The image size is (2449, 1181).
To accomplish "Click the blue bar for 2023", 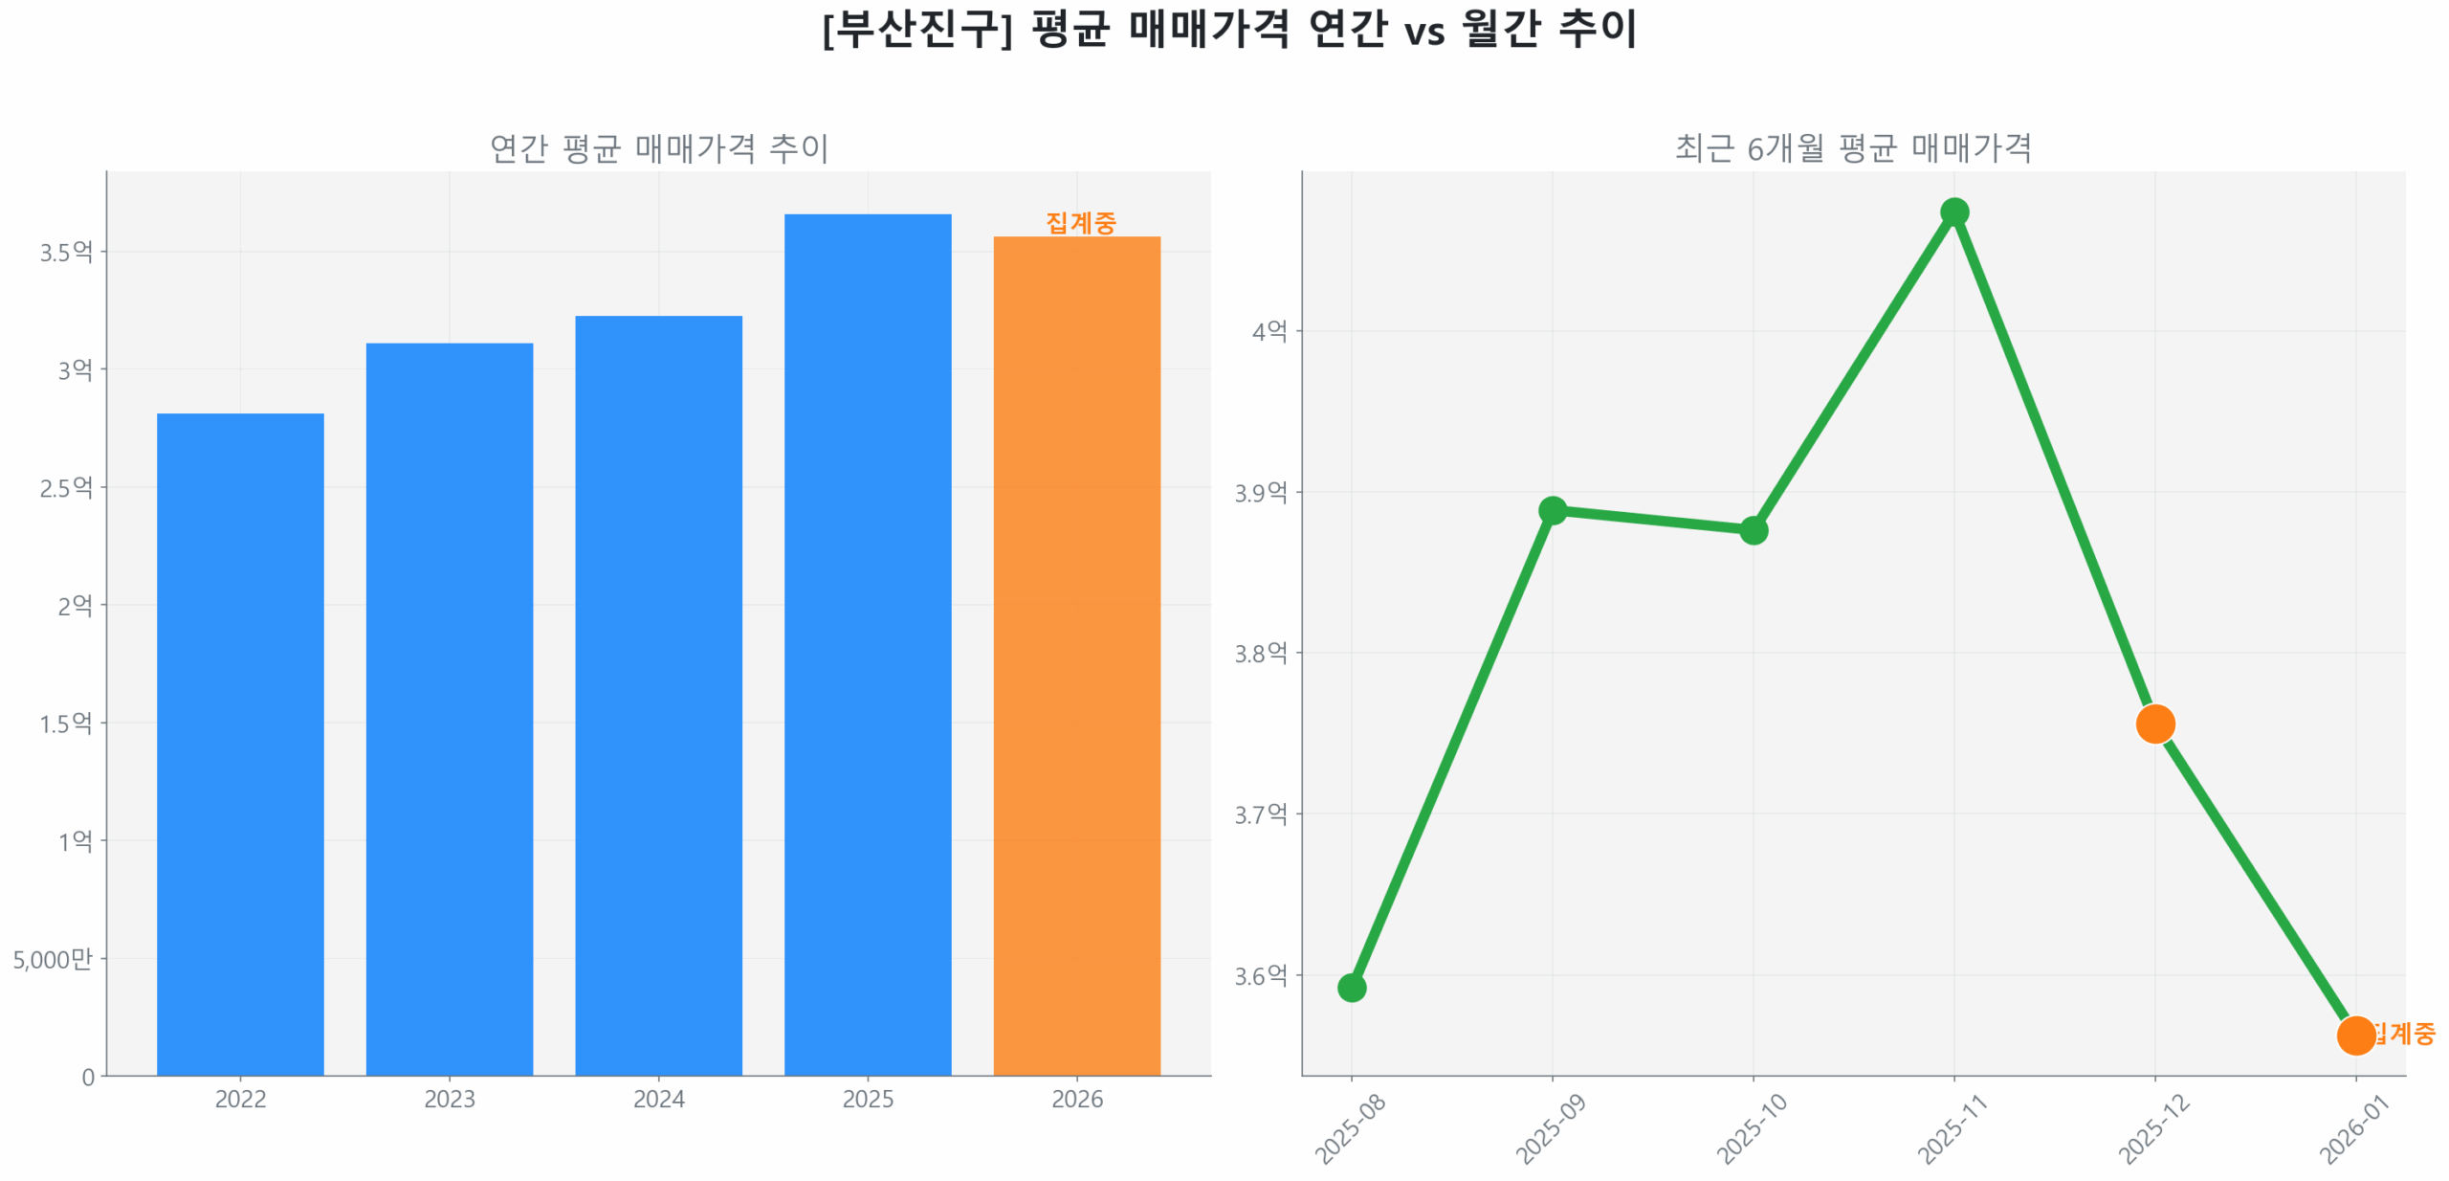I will (449, 708).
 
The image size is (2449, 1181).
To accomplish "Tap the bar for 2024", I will (658, 695).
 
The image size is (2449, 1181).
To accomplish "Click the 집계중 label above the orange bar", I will (1080, 223).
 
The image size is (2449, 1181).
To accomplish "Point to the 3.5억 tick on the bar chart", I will (66, 252).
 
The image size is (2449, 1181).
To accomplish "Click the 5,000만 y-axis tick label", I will (53, 958).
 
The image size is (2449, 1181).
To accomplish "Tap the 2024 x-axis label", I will (658, 1099).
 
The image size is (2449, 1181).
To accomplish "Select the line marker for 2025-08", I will (1351, 987).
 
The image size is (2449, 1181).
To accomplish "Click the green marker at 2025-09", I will (1552, 510).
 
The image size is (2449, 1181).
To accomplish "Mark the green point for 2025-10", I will (1753, 529).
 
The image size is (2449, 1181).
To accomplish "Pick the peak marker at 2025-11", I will (1953, 212).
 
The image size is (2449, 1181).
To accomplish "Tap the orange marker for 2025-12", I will (2154, 724).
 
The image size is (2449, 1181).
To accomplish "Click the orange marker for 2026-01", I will (2355, 1035).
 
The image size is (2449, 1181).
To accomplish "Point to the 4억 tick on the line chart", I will (1269, 331).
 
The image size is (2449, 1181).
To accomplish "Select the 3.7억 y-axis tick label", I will (1260, 814).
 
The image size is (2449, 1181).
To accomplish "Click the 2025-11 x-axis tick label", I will (1953, 1128).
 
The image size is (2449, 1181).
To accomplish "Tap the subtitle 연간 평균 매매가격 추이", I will (658, 148).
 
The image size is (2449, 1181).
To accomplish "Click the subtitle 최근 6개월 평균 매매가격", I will (1852, 148).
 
